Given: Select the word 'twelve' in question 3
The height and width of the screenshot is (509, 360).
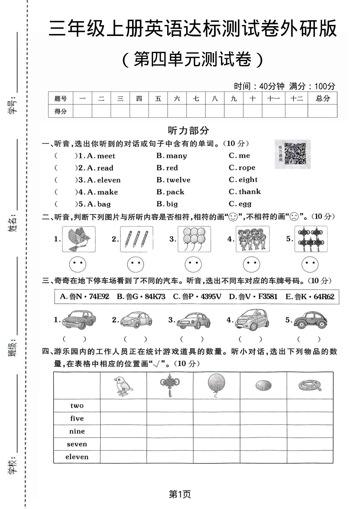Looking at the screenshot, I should coord(178,180).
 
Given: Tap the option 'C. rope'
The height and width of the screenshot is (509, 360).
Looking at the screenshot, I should coord(242,168).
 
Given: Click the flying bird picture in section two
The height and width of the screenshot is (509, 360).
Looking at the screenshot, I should coord(79,239).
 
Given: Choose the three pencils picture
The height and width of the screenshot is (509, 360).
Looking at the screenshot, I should coord(137,239).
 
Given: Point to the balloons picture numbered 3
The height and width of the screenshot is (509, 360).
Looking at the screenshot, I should coord(194,239).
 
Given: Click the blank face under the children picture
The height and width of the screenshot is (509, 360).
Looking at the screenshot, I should coord(251,264).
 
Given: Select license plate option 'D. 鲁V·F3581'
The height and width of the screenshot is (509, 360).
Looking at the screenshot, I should coord(253,297).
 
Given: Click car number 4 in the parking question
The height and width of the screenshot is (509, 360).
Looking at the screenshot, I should coord(252,320).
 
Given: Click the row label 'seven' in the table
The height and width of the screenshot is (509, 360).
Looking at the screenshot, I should coord(77,444).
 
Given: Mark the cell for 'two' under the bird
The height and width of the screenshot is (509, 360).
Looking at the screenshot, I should coord(123,406).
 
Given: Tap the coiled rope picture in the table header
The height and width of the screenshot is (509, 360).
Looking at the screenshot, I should coord(310,385).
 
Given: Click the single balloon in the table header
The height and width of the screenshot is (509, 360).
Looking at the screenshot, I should coord(216,385).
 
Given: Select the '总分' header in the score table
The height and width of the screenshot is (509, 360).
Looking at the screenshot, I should coord(322,98).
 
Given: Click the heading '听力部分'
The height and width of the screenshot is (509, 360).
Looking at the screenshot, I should coord(188,131).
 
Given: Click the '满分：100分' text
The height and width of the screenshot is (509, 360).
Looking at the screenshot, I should coord(312,86).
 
